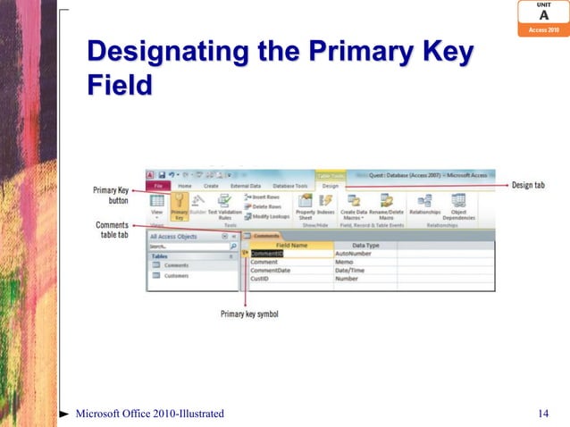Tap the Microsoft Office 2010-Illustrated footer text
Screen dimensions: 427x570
149,413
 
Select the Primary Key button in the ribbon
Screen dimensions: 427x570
180,206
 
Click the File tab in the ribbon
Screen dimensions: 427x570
157,186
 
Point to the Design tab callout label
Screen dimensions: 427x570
529,186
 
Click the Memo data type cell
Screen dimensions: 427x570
344,261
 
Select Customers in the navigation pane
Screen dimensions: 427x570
176,276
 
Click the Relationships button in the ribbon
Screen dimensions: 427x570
424,206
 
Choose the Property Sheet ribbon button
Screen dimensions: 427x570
306,206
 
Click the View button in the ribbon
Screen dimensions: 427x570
156,206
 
